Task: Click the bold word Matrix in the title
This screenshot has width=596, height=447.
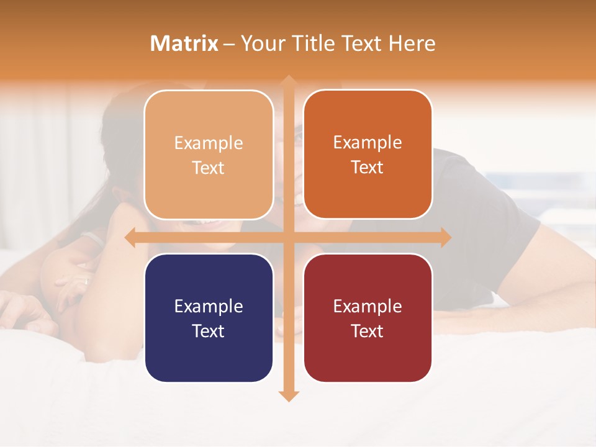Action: pos(184,43)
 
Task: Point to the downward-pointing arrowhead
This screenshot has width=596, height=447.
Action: pos(288,395)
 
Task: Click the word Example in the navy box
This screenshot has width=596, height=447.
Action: pos(209,307)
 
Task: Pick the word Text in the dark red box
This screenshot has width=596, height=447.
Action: pos(368,331)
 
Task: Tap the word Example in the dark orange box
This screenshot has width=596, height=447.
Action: pos(368,143)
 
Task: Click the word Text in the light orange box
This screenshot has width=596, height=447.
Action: pos(209,168)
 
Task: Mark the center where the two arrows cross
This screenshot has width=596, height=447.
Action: pos(288,237)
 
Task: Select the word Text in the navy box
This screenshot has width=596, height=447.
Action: pos(209,331)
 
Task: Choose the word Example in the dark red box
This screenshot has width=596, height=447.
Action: pos(368,307)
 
